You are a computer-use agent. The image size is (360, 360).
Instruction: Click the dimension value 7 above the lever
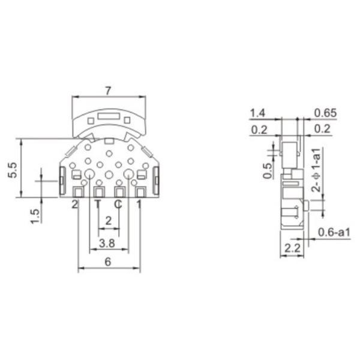(x=107, y=91)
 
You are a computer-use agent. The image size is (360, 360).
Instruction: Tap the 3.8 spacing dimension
(x=107, y=244)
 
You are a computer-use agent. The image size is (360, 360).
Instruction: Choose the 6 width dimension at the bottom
(x=108, y=262)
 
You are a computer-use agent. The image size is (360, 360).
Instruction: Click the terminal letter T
(x=98, y=204)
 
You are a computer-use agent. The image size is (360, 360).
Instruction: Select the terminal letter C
(x=118, y=204)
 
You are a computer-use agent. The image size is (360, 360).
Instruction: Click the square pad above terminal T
(x=98, y=192)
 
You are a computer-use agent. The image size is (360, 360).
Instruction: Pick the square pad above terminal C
(x=119, y=192)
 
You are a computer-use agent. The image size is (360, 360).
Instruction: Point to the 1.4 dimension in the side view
(x=258, y=113)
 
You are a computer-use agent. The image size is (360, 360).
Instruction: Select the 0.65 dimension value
(x=325, y=113)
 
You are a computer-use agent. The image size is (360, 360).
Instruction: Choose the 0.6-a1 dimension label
(x=334, y=232)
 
